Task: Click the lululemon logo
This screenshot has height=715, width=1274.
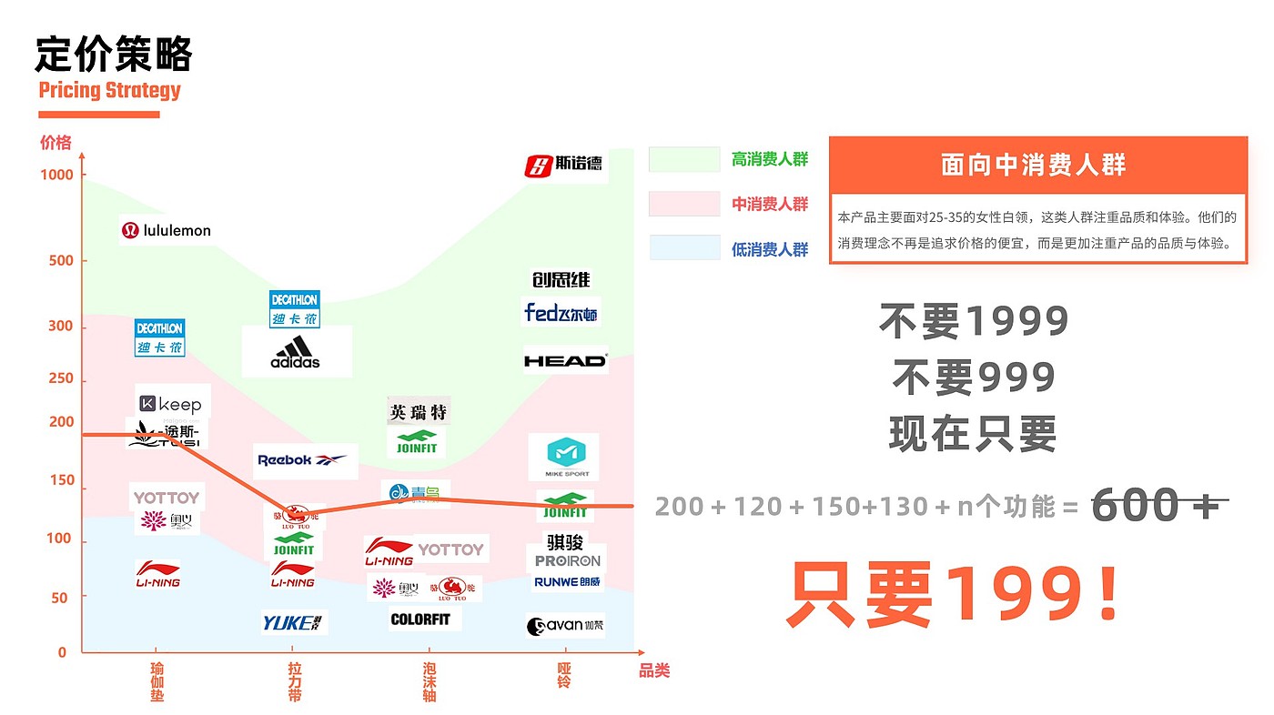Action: (167, 231)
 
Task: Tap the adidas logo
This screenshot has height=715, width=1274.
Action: (296, 352)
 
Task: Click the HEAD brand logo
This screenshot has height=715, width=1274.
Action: (565, 360)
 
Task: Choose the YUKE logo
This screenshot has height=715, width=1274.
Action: (293, 623)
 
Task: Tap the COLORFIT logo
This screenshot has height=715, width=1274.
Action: (420, 619)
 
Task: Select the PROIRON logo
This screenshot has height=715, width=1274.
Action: (568, 561)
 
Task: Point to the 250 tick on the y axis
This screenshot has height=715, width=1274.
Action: (60, 378)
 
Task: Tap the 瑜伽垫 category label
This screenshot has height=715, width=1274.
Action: (157, 682)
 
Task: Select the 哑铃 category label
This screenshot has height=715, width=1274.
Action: (564, 675)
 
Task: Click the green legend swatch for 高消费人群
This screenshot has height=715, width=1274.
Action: (684, 159)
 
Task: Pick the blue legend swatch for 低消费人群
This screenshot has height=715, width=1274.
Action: (684, 248)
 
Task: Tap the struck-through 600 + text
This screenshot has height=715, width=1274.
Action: (1156, 505)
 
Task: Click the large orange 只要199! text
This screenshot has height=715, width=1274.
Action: (952, 594)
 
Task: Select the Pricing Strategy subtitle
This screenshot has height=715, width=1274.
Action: (110, 90)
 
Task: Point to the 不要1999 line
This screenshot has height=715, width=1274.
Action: (974, 320)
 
